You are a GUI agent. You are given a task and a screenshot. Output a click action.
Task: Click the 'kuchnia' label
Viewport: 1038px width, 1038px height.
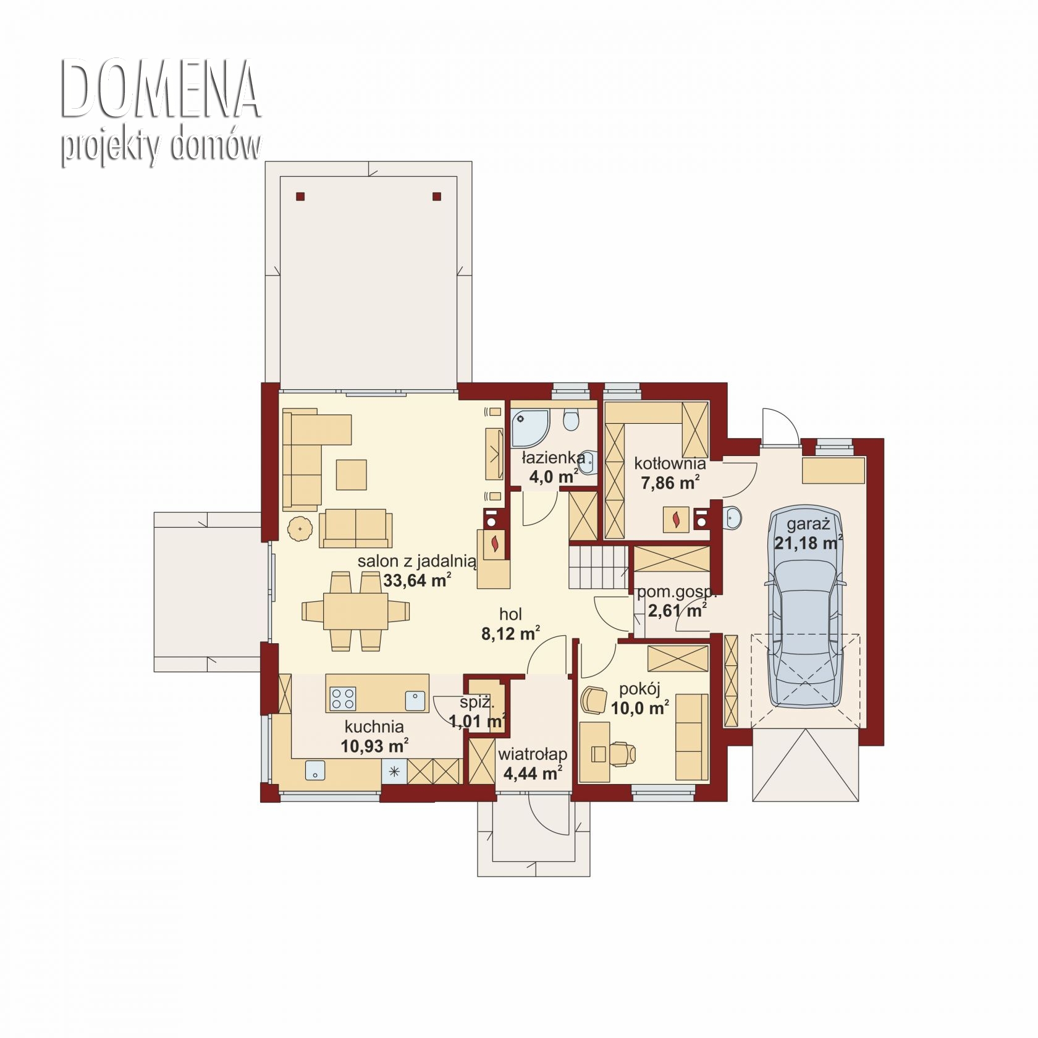pos(374,727)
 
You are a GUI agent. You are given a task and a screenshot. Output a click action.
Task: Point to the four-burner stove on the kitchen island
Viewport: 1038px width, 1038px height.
pos(343,699)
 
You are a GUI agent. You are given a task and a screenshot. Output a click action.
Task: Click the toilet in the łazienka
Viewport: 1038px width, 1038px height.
pos(572,420)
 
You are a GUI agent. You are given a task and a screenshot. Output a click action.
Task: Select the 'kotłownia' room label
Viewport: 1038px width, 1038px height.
pos(670,463)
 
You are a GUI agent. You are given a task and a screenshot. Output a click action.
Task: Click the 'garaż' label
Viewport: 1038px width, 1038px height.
pos(808,525)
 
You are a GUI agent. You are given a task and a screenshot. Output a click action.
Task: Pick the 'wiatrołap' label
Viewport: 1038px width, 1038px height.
pos(533,754)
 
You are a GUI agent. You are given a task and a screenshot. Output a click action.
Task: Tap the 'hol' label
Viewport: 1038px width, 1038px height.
pos(510,614)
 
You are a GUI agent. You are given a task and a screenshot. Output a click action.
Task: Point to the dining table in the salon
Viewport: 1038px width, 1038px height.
pos(356,611)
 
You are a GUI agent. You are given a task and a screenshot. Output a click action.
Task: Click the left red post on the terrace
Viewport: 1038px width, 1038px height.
pos(300,197)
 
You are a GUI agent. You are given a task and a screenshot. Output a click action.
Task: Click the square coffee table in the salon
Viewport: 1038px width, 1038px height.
pos(352,475)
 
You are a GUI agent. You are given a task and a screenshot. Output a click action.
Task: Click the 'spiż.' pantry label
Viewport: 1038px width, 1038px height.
pos(476,703)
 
